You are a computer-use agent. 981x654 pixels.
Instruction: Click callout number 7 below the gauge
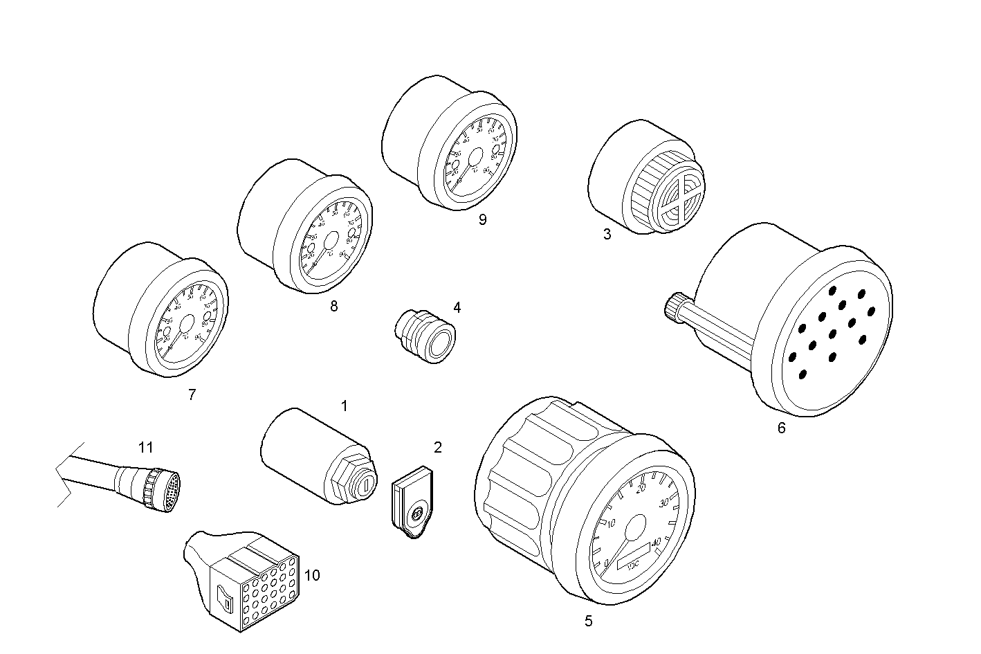(192, 395)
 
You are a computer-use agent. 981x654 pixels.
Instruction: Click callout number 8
(334, 307)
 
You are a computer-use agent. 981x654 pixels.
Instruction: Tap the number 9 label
(482, 220)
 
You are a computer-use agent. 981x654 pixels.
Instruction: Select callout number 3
(607, 234)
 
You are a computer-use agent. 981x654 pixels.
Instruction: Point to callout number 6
(781, 428)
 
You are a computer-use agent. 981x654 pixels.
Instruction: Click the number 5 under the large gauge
(588, 621)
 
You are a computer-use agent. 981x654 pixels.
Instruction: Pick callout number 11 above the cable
(145, 448)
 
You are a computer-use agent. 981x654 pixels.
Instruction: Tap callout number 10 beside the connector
(312, 575)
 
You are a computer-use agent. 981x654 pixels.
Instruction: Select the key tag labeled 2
(414, 504)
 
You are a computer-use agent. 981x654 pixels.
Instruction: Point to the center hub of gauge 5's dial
(634, 528)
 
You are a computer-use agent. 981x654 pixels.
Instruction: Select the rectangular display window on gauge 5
(633, 554)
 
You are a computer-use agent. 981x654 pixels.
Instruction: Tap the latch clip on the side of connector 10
(223, 596)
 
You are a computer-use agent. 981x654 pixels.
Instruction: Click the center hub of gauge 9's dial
(475, 160)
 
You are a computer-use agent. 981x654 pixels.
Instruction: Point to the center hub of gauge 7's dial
(186, 326)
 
